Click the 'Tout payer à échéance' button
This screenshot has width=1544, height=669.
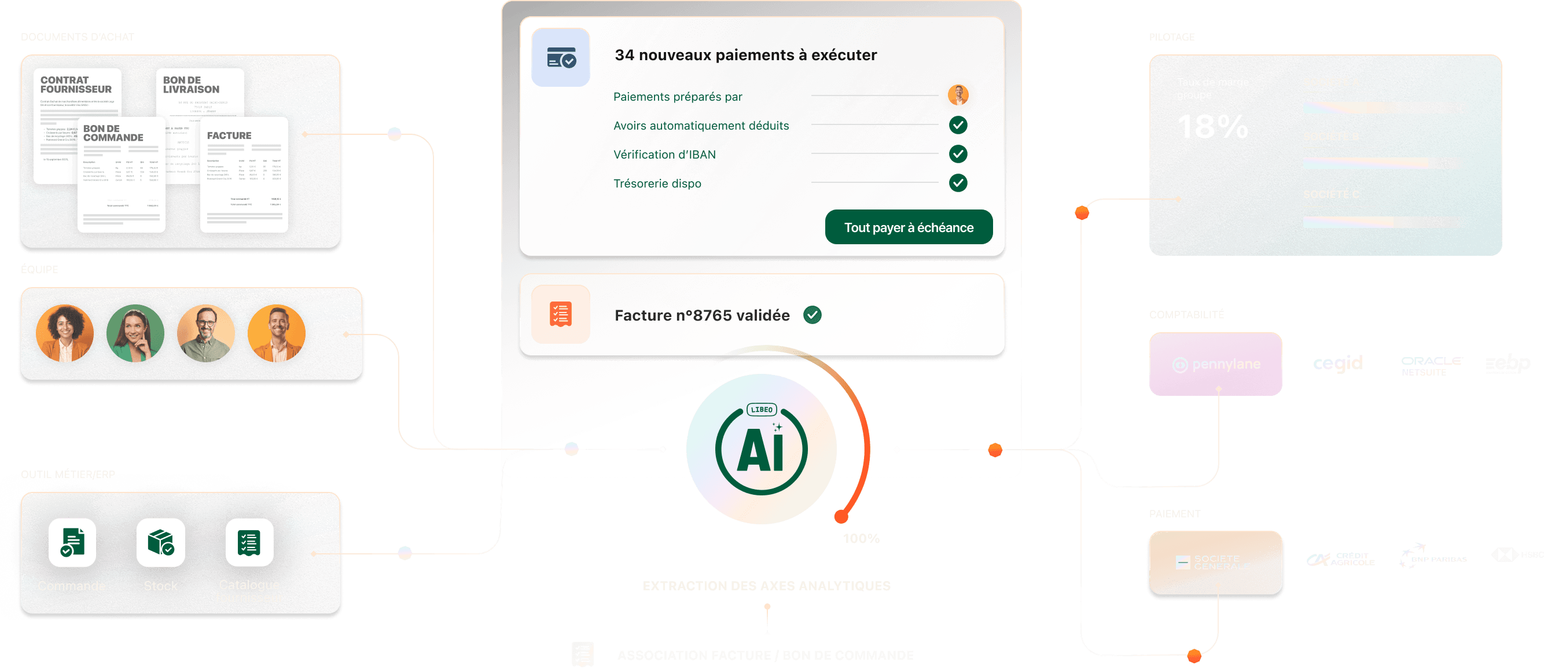(x=908, y=227)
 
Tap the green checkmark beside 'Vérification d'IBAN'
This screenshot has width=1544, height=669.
(x=958, y=154)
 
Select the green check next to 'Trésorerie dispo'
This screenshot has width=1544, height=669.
(x=958, y=183)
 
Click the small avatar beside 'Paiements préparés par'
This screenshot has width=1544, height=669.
(x=958, y=95)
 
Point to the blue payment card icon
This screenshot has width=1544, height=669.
(x=560, y=57)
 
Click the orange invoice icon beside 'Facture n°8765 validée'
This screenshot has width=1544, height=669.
(x=560, y=314)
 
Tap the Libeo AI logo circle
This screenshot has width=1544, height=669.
(x=761, y=449)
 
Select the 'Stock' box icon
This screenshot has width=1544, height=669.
(x=161, y=542)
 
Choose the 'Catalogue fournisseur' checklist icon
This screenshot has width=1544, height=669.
(x=249, y=542)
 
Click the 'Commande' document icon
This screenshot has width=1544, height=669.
(x=72, y=542)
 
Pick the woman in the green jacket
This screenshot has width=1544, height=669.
(x=135, y=333)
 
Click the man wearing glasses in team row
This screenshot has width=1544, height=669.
(x=205, y=333)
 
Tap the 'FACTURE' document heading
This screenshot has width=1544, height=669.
(x=229, y=136)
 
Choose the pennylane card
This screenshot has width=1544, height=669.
(x=1215, y=364)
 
